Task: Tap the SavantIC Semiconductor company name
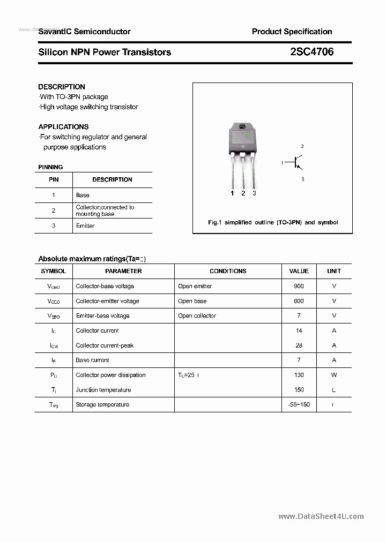(x=84, y=32)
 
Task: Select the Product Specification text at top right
(x=292, y=32)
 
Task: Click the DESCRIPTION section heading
(x=62, y=87)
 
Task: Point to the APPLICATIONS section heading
(x=63, y=127)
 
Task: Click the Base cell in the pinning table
(x=83, y=195)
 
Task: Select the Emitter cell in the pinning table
(x=85, y=225)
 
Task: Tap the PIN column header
(x=54, y=179)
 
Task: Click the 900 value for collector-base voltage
(x=299, y=286)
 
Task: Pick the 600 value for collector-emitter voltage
(x=299, y=301)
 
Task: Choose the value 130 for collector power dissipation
(x=299, y=375)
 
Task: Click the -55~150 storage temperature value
(x=299, y=404)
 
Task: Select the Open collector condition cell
(x=197, y=315)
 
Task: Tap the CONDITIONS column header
(x=228, y=271)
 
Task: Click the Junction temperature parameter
(x=103, y=390)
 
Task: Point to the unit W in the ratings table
(x=334, y=375)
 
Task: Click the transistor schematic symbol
(x=294, y=162)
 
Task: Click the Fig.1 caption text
(x=272, y=222)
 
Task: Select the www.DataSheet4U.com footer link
(x=321, y=516)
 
